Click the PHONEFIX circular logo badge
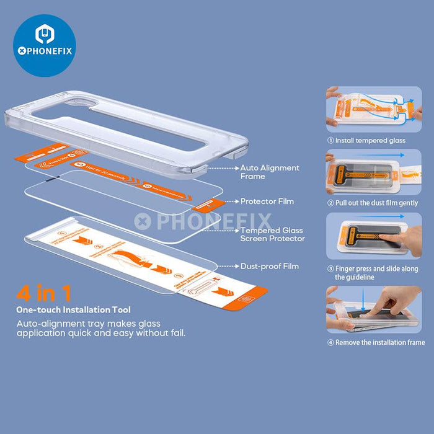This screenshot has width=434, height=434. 44,45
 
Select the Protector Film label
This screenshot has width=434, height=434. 267,201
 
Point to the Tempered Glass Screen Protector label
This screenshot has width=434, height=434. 273,234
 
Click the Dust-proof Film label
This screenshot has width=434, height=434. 270,266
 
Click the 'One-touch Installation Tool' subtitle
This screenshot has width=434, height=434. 74,309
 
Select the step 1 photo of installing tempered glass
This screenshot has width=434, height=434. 374,108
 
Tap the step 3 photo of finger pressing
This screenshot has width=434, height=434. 374,236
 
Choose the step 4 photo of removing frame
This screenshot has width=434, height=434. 374,309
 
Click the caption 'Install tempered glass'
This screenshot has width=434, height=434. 366,141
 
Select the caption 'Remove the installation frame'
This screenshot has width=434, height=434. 376,342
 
